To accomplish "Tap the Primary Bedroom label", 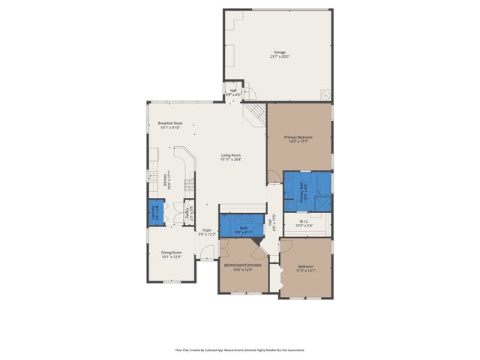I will pyautogui.click(x=298, y=137).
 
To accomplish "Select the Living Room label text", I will pyautogui.click(x=231, y=155).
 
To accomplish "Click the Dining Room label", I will pyautogui.click(x=172, y=252).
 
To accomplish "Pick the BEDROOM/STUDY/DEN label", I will pyautogui.click(x=241, y=265).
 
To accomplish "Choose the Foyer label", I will pyautogui.click(x=207, y=231).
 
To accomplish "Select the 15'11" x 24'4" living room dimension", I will pyautogui.click(x=231, y=160).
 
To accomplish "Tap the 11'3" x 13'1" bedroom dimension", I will pyautogui.click(x=305, y=270).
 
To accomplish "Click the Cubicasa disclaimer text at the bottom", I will pyautogui.click(x=239, y=349).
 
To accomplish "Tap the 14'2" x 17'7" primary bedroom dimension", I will pyautogui.click(x=298, y=142).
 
